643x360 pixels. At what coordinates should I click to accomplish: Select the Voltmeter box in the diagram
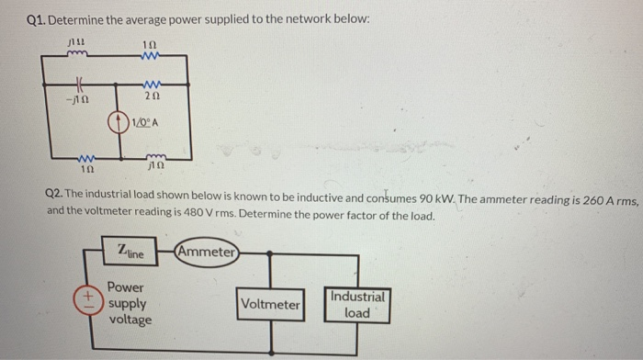pyautogui.click(x=269, y=304)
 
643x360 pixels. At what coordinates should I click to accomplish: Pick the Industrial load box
pyautogui.click(x=357, y=305)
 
